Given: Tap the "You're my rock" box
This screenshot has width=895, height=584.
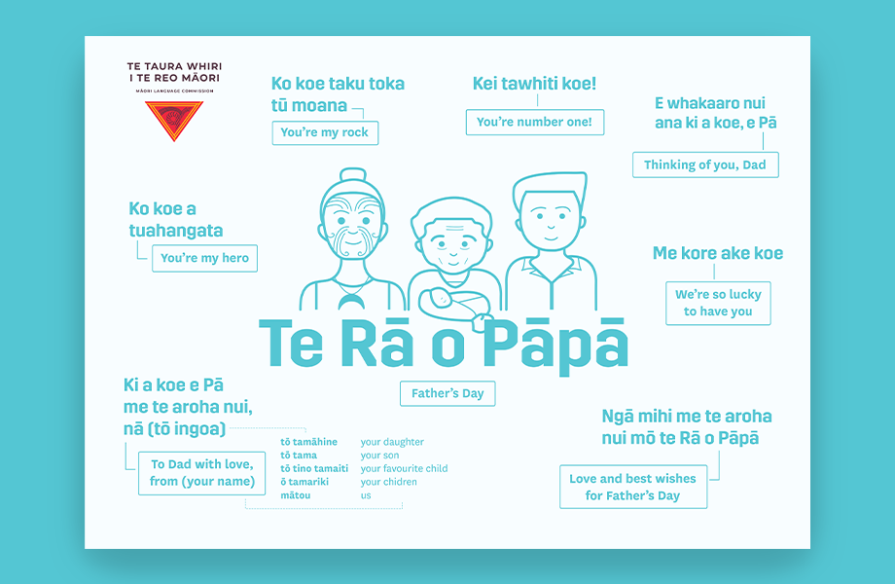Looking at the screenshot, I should click(x=324, y=132).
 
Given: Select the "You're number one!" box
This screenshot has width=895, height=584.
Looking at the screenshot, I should click(x=534, y=122).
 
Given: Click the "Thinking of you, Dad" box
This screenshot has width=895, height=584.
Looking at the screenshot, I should click(x=704, y=164).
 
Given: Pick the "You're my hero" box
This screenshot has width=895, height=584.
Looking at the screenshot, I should click(x=204, y=258).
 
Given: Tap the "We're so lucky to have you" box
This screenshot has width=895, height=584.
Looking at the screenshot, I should click(x=718, y=303).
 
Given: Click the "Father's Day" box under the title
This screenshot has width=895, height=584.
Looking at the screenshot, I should click(x=447, y=393).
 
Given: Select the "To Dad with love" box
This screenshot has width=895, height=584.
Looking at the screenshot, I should click(x=202, y=473).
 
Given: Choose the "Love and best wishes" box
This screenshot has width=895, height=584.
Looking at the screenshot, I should click(x=632, y=487).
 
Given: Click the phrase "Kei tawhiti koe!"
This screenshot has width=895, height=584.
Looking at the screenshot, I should click(x=534, y=84).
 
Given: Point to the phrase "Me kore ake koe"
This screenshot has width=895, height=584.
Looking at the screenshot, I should click(x=717, y=253).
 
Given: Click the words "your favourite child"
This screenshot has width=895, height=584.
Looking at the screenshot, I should click(x=404, y=468).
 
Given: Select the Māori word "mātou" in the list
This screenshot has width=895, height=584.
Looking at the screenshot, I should click(x=296, y=495).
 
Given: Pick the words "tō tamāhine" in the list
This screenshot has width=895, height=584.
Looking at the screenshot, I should click(x=308, y=442).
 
